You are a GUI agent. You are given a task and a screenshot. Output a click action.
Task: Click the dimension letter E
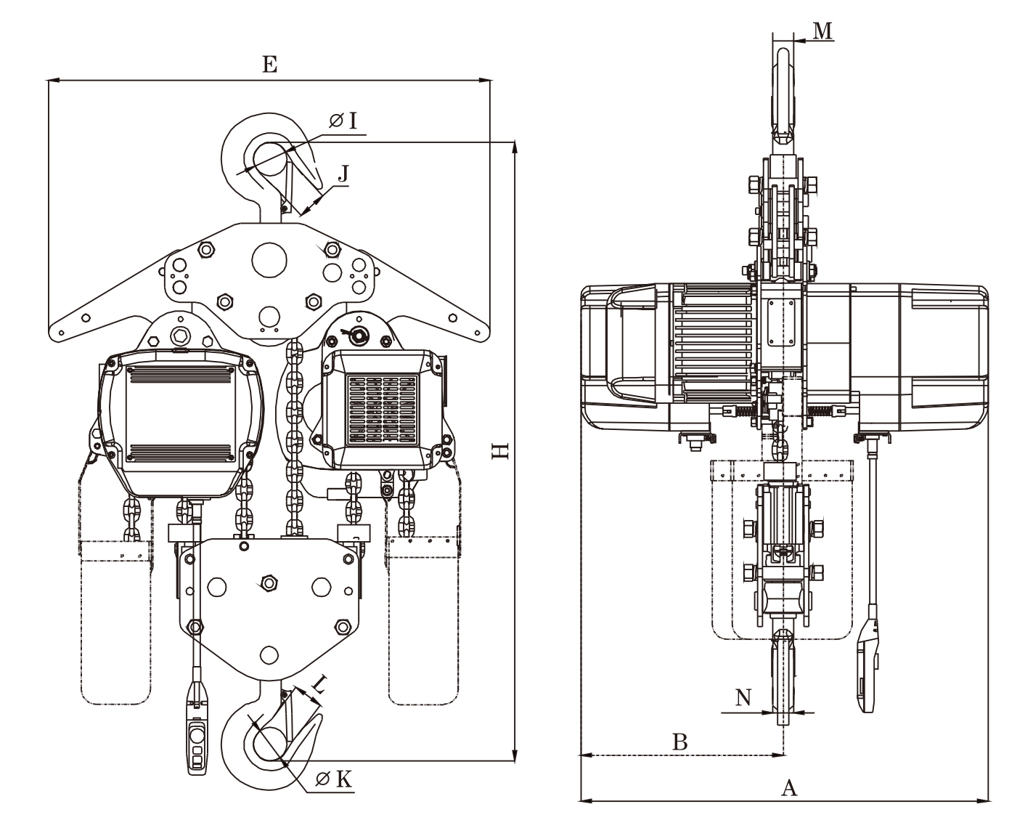tap(269, 64)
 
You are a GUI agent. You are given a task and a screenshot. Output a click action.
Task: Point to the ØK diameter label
tap(335, 780)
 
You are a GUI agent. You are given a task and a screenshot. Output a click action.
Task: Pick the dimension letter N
tap(743, 699)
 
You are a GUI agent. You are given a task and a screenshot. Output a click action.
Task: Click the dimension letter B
tap(679, 742)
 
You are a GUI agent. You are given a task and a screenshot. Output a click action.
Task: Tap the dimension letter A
tap(788, 787)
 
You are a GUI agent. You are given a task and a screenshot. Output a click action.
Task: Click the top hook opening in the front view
tap(269, 160)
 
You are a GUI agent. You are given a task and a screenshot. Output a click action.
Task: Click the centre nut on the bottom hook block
tap(269, 583)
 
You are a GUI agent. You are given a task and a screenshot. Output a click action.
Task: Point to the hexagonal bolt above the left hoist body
tap(178, 336)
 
